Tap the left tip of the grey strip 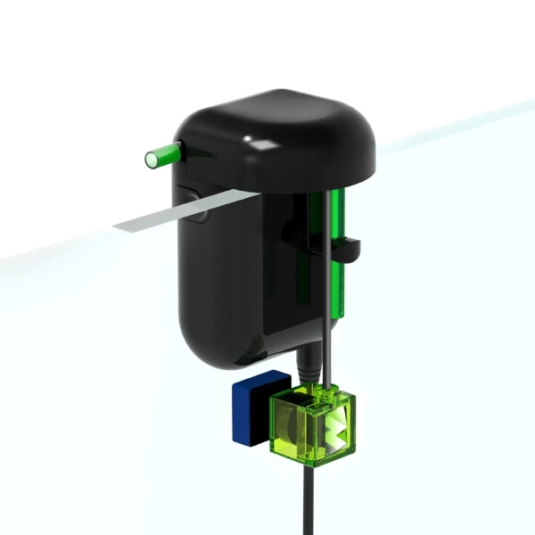[119, 226]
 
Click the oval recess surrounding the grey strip [191, 201]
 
